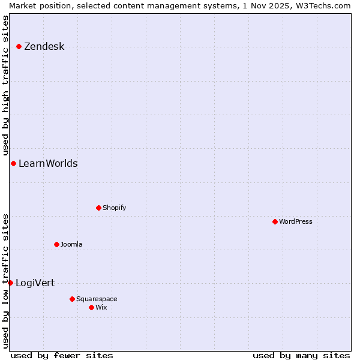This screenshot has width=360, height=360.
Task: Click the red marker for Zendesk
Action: (19, 46)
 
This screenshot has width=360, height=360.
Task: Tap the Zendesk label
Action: (44, 47)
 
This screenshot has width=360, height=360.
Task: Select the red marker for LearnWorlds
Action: (13, 163)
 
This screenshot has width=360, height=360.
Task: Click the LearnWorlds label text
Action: (48, 164)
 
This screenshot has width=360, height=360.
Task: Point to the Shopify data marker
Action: (98, 208)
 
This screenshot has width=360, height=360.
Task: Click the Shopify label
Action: (114, 208)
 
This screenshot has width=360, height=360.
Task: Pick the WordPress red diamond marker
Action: (275, 221)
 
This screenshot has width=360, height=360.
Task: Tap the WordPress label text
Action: (295, 222)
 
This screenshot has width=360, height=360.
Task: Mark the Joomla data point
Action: (56, 244)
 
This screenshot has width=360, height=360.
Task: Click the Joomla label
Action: (71, 245)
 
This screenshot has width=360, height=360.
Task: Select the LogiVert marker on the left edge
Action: (10, 283)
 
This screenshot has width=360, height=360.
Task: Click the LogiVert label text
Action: (35, 283)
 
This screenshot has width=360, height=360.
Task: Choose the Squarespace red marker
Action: (72, 299)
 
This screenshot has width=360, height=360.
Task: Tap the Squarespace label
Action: (97, 299)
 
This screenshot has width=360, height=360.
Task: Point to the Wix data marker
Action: (91, 307)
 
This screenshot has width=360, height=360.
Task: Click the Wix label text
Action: (101, 308)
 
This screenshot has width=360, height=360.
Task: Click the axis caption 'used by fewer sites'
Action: (62, 355)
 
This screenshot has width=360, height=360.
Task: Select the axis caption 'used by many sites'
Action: (301, 355)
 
